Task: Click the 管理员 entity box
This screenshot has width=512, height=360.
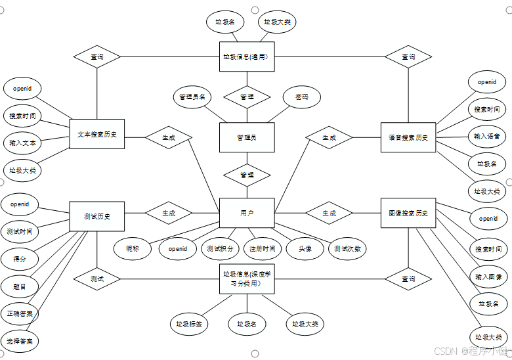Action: pyautogui.click(x=246, y=137)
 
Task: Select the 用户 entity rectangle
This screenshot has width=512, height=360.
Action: pyautogui.click(x=246, y=213)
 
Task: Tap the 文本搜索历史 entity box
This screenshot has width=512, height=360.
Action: pyautogui.click(x=96, y=134)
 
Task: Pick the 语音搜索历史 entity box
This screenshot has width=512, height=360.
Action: pyautogui.click(x=408, y=137)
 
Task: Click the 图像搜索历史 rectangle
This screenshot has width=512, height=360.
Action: pyautogui.click(x=408, y=213)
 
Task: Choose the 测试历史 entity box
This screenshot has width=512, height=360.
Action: pyautogui.click(x=96, y=216)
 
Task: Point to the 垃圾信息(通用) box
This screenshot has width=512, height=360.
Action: pyautogui.click(x=246, y=56)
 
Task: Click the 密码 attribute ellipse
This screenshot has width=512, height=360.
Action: pyautogui.click(x=302, y=97)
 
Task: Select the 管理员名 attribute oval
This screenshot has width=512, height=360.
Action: pyautogui.click(x=192, y=97)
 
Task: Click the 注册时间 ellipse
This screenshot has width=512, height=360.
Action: pyautogui.click(x=262, y=248)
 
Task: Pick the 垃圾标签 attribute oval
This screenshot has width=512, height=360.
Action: pyautogui.click(x=189, y=324)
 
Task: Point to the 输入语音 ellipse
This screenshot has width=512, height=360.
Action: pyautogui.click(x=487, y=136)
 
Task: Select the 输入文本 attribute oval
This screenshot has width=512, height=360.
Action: pyautogui.click(x=23, y=143)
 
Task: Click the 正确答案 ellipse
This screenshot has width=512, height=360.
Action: pyautogui.click(x=20, y=313)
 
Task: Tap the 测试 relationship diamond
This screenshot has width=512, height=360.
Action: pyautogui.click(x=96, y=279)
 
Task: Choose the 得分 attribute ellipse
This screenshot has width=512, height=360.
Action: pyautogui.click(x=20, y=259)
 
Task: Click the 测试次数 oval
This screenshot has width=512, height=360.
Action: pyautogui.click(x=347, y=248)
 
